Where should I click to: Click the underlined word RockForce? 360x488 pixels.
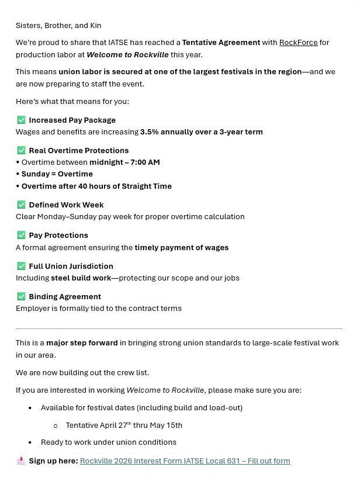click(298, 43)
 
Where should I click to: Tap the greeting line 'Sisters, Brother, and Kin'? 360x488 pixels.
click(58, 26)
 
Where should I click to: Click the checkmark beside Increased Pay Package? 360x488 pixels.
click(22, 120)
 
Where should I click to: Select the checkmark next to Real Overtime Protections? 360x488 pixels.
click(22, 150)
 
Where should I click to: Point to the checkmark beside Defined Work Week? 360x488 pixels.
click(22, 205)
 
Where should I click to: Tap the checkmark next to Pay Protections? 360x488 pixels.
click(22, 235)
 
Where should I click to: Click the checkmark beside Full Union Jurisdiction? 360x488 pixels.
click(22, 266)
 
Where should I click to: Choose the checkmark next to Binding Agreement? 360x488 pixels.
click(22, 296)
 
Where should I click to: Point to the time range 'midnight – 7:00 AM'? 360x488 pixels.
click(124, 162)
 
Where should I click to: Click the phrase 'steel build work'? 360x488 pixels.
click(81, 278)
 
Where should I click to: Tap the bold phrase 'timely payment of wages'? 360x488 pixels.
click(181, 248)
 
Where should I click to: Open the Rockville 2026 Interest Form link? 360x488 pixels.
click(185, 461)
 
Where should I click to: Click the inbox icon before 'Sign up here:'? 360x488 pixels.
click(21, 461)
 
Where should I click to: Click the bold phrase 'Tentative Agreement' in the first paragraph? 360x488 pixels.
click(221, 43)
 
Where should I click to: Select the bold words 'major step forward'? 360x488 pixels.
click(82, 343)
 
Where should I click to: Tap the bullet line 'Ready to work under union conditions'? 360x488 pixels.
click(108, 442)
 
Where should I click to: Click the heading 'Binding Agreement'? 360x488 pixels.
click(65, 296)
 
